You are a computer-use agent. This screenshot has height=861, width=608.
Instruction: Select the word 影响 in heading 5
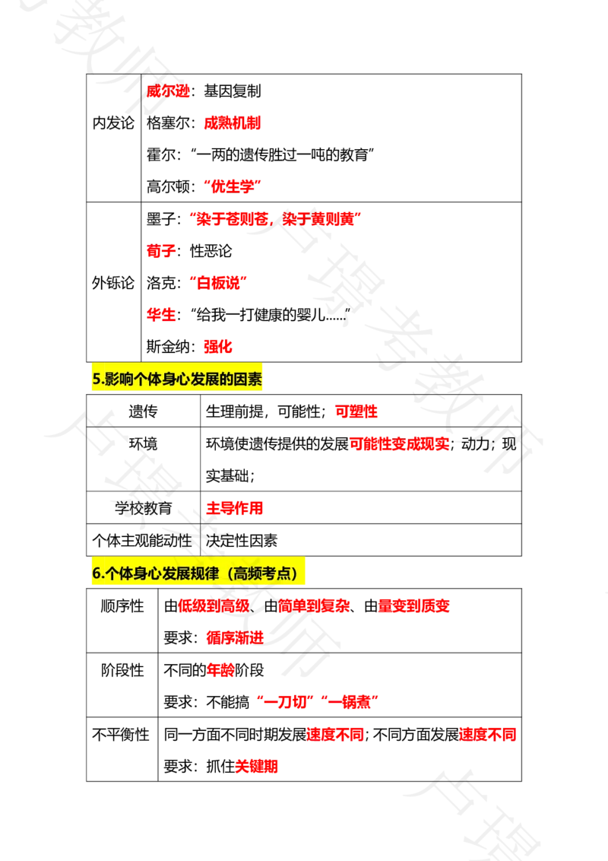(x=113, y=380)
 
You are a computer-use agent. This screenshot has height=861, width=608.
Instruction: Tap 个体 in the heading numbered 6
(x=113, y=573)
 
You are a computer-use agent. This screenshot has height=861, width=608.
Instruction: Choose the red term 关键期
(x=257, y=767)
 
